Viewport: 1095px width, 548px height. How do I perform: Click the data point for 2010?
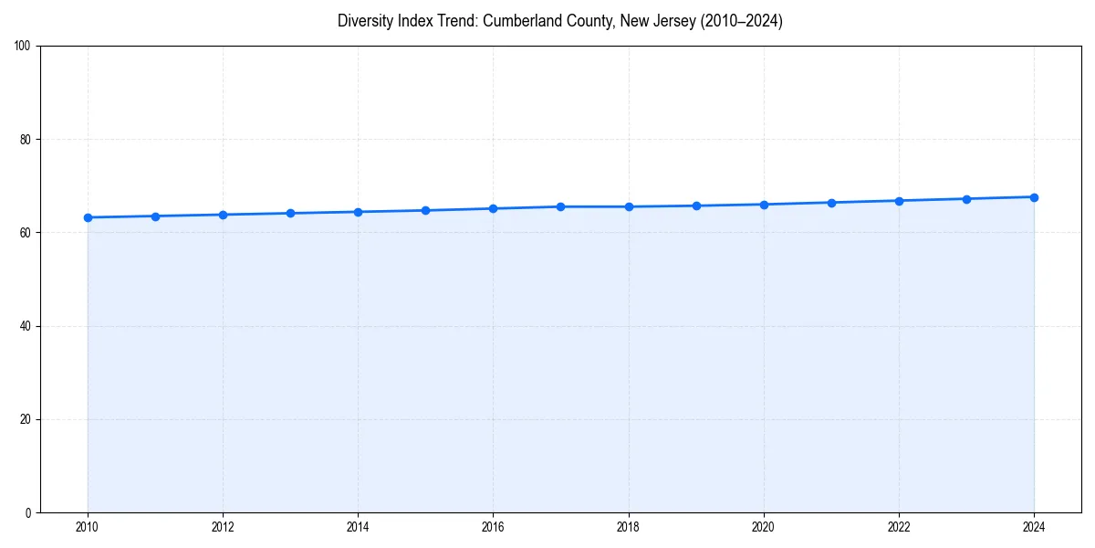88,217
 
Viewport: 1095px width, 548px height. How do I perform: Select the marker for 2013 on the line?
290,214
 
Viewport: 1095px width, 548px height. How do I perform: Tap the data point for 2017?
560,206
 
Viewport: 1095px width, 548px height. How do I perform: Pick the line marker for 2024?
1034,197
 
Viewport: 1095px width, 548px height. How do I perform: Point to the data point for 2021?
831,203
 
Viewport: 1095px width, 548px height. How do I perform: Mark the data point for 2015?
425,210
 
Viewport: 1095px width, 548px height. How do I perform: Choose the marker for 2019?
696,205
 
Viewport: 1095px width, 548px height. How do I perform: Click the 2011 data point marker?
155,216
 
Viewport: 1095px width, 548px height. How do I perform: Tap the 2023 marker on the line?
966,199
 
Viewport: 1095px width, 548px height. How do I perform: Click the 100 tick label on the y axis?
23,46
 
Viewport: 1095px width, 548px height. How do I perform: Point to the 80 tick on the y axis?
26,140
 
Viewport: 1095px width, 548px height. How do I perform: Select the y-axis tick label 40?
26,326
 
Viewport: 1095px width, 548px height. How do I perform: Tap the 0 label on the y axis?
28,512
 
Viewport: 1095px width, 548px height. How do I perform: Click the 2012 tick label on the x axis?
223,527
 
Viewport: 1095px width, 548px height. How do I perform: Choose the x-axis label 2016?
493,527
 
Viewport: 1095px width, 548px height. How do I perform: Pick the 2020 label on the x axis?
764,527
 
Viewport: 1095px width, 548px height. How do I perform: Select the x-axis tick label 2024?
1034,527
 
